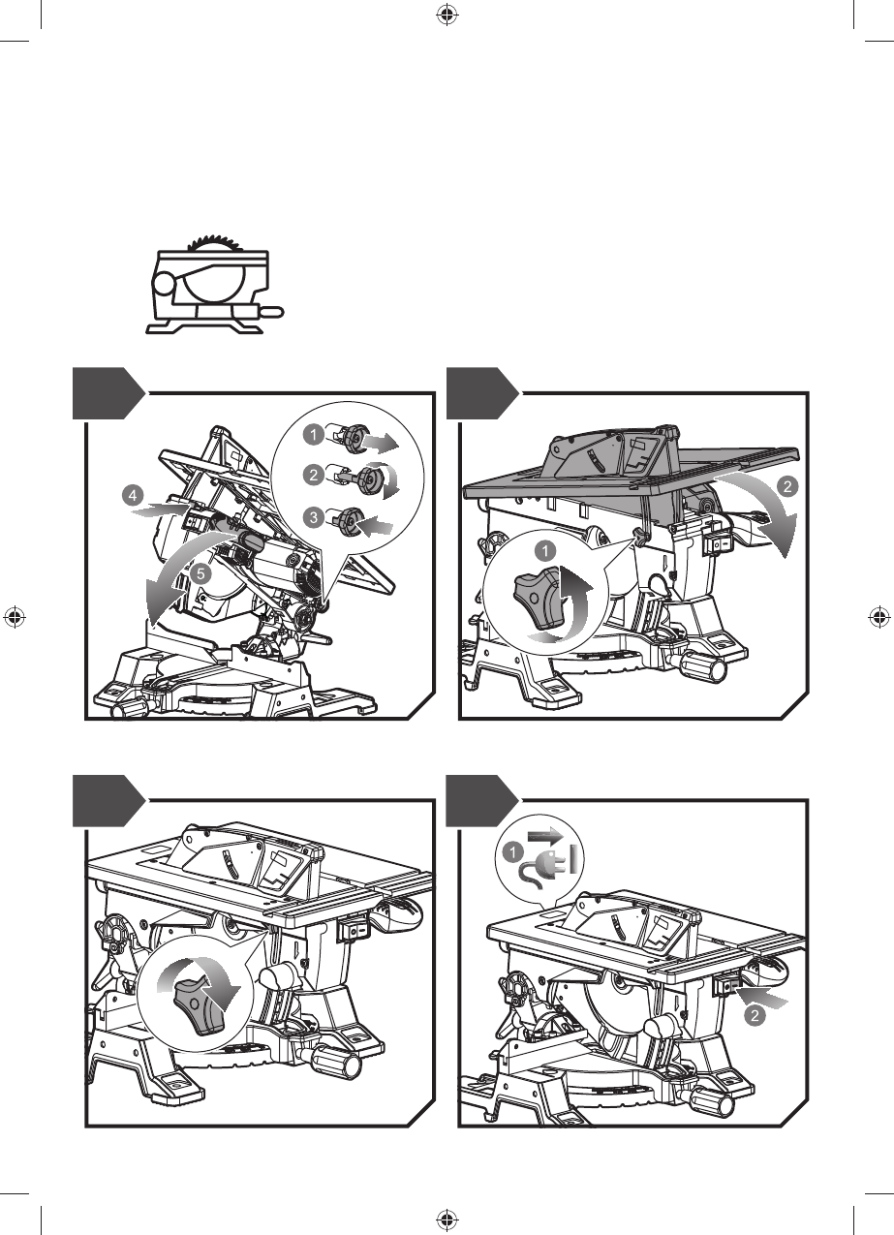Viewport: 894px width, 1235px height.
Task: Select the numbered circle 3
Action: point(315,518)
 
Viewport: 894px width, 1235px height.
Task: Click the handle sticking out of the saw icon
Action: point(270,311)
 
